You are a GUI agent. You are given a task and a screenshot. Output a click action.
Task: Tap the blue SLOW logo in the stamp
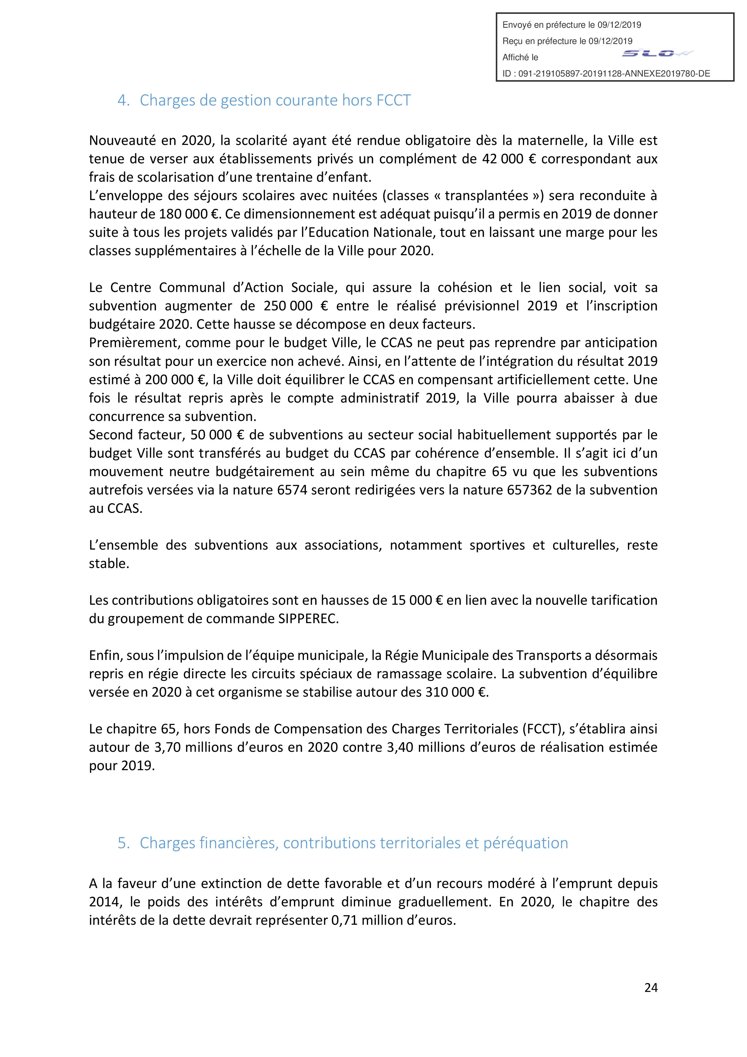[657, 54]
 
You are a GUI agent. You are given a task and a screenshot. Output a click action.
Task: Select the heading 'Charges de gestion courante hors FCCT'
[275, 100]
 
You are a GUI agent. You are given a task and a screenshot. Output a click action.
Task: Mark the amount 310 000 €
[453, 692]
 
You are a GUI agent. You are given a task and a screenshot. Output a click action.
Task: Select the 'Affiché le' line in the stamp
[520, 58]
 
